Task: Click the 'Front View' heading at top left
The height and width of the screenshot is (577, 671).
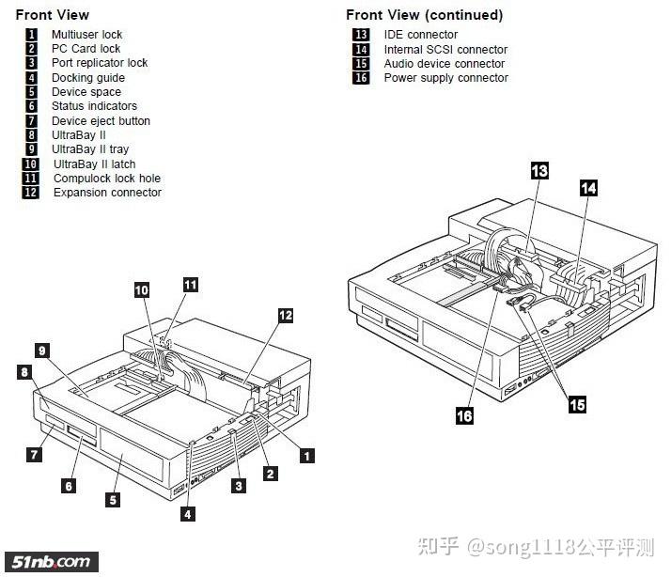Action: pyautogui.click(x=53, y=15)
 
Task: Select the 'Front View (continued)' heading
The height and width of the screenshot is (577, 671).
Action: pyautogui.click(x=424, y=15)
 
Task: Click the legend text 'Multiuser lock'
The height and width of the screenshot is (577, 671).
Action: pyautogui.click(x=86, y=35)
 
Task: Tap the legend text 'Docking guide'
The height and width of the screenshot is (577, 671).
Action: pyautogui.click(x=88, y=78)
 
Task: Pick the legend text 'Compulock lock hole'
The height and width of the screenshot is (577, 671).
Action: pyautogui.click(x=106, y=179)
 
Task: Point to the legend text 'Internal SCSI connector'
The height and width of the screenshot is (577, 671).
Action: pyautogui.click(x=445, y=50)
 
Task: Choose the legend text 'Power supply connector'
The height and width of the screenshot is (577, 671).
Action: pyautogui.click(x=445, y=78)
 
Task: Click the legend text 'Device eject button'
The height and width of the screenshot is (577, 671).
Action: pyautogui.click(x=101, y=121)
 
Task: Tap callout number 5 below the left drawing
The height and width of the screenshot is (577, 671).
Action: pyautogui.click(x=113, y=500)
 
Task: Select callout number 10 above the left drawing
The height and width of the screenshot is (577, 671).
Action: pyautogui.click(x=141, y=291)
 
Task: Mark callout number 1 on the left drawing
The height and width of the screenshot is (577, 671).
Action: pyautogui.click(x=305, y=456)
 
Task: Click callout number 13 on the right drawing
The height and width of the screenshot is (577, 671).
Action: pyautogui.click(x=539, y=170)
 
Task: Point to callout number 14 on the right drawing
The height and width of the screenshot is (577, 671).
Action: pyautogui.click(x=588, y=188)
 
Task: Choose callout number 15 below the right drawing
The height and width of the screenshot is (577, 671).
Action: pyautogui.click(x=577, y=404)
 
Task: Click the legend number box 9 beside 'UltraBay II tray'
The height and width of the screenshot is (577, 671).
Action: pyautogui.click(x=31, y=149)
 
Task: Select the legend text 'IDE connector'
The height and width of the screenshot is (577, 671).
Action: pyautogui.click(x=421, y=35)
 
